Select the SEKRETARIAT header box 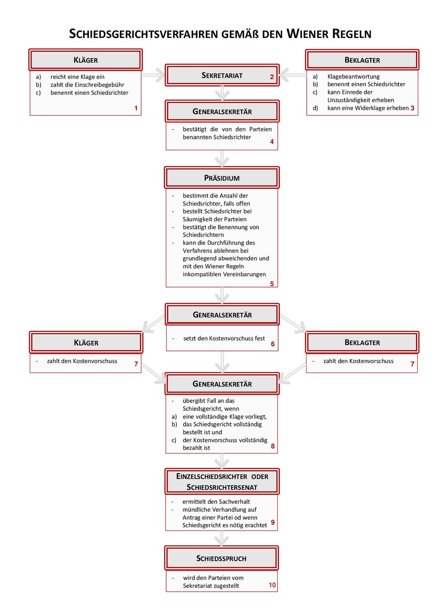pyautogui.click(x=222, y=75)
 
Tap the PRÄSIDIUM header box pyautogui.click(x=222, y=178)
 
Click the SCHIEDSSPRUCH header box pyautogui.click(x=221, y=559)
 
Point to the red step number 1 pyautogui.click(x=136, y=108)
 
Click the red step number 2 pyautogui.click(x=272, y=77)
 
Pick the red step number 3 pyautogui.click(x=413, y=108)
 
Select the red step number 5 pyautogui.click(x=272, y=284)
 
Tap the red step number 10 pyautogui.click(x=272, y=585)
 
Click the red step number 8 pyautogui.click(x=273, y=446)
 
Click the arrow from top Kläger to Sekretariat pyautogui.click(x=153, y=75)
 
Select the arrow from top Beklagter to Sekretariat pyautogui.click(x=292, y=75)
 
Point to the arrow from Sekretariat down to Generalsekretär pyautogui.click(x=222, y=93)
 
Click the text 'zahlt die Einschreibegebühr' pyautogui.click(x=87, y=84)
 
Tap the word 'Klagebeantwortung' pyautogui.click(x=354, y=76)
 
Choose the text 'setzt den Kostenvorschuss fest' pyautogui.click(x=224, y=338)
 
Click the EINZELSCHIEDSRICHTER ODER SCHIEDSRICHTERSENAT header pyautogui.click(x=222, y=482)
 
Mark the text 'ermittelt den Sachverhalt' pyautogui.click(x=216, y=502)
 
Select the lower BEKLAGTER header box pyautogui.click(x=362, y=342)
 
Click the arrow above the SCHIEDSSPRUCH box pyautogui.click(x=222, y=538)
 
